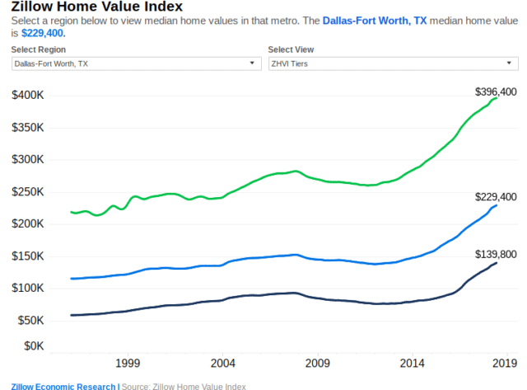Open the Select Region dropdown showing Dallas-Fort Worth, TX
(136, 63)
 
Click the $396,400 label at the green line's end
(496, 92)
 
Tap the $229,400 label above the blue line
(496, 197)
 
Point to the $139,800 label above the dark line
(496, 255)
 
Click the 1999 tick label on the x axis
(127, 363)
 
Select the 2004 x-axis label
(222, 363)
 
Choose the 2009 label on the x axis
(318, 363)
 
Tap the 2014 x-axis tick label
(413, 363)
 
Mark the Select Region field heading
(39, 49)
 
